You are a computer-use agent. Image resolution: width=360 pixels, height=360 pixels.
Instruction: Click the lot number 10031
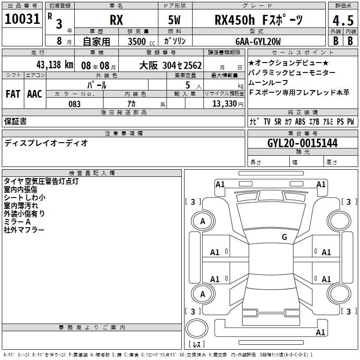[x=22, y=19]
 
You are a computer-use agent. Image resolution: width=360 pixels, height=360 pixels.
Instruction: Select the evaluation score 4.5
[x=343, y=21]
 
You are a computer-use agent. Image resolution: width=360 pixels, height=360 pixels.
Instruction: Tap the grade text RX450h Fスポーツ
[x=259, y=20]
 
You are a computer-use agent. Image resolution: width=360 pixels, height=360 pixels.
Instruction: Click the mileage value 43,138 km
[x=54, y=65]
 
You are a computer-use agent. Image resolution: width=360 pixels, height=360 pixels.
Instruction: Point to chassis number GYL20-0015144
[x=302, y=143]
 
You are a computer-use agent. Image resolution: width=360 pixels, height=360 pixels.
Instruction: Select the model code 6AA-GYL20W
[x=258, y=41]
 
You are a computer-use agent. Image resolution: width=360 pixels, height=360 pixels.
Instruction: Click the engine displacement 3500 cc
[x=141, y=41]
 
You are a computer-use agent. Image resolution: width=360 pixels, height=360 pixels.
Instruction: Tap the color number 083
[x=74, y=104]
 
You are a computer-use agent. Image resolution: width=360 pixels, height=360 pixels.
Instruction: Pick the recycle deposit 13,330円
[x=228, y=104]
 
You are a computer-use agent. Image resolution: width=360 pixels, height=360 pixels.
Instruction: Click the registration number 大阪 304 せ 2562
[x=171, y=65]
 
